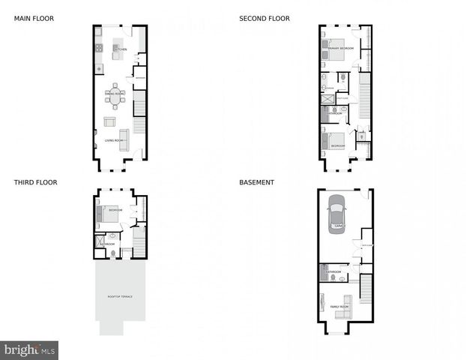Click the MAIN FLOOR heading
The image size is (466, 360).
pos(34,18)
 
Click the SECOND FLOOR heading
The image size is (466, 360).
pos(264,18)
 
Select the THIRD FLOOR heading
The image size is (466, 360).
pos(35,182)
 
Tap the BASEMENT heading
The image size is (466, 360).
pos(256,182)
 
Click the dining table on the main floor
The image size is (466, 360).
pos(115,95)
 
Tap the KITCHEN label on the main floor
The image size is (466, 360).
pos(121,49)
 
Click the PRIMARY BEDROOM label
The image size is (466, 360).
pos(342,48)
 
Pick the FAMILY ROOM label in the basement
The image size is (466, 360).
pos(339,307)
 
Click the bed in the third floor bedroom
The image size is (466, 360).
pos(109,213)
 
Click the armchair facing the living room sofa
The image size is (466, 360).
pos(109,121)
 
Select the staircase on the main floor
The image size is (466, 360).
pos(139,115)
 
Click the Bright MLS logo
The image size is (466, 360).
pos(29,349)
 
